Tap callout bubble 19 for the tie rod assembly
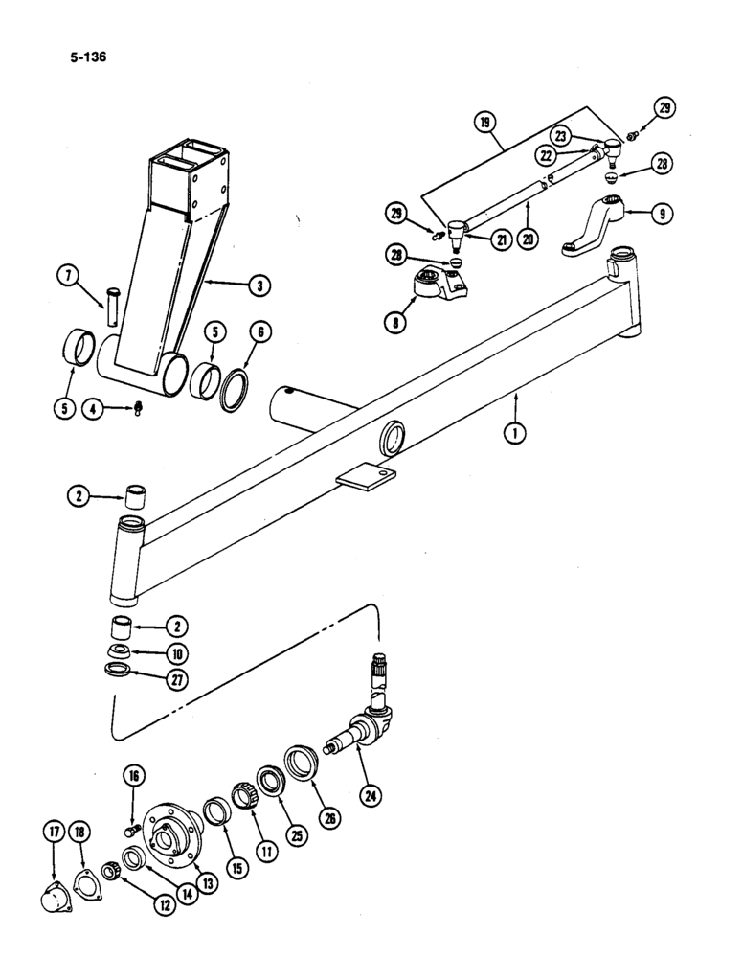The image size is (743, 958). (x=484, y=122)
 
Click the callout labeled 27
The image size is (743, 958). (x=177, y=680)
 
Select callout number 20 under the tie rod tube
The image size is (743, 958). (x=525, y=241)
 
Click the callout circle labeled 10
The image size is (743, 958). (x=177, y=654)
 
